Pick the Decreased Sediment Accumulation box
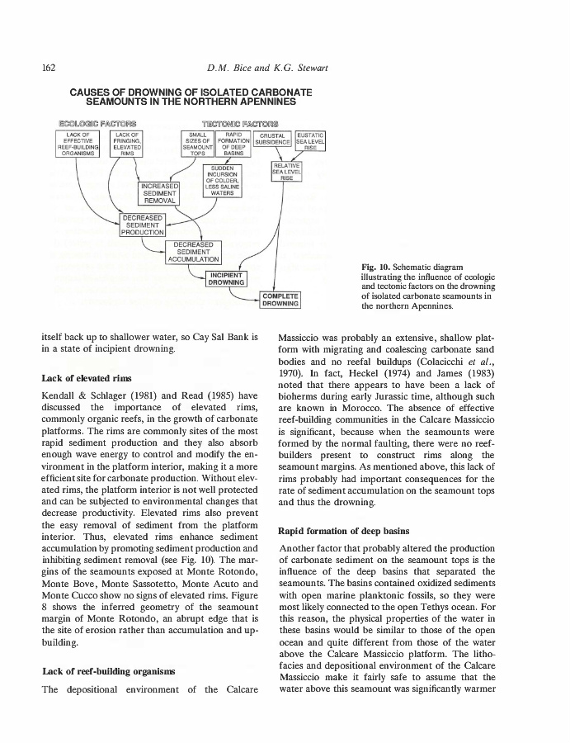[191, 253]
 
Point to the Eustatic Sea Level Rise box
[311, 142]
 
